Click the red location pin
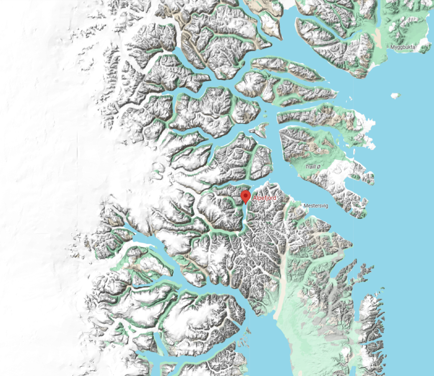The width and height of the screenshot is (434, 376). (x=246, y=197)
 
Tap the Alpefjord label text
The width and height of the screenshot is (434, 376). (x=264, y=198)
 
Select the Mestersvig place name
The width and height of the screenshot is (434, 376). (x=316, y=206)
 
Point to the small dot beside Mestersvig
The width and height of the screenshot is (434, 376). (x=301, y=205)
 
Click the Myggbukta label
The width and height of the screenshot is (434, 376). (x=403, y=47)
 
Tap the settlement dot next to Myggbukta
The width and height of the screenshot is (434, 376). (x=388, y=47)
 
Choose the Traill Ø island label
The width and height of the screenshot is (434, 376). (x=313, y=167)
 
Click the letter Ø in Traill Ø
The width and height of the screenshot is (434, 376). (x=318, y=167)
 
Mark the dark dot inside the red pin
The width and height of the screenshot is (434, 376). (x=246, y=195)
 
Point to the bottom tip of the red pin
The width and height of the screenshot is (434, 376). (x=246, y=204)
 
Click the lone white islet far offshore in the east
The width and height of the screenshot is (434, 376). (x=396, y=96)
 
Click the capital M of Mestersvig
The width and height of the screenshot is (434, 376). (x=305, y=206)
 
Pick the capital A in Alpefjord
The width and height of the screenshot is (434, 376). (x=254, y=198)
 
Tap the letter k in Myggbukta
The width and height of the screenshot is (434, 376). (x=408, y=47)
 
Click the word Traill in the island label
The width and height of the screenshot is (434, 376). (x=310, y=167)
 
